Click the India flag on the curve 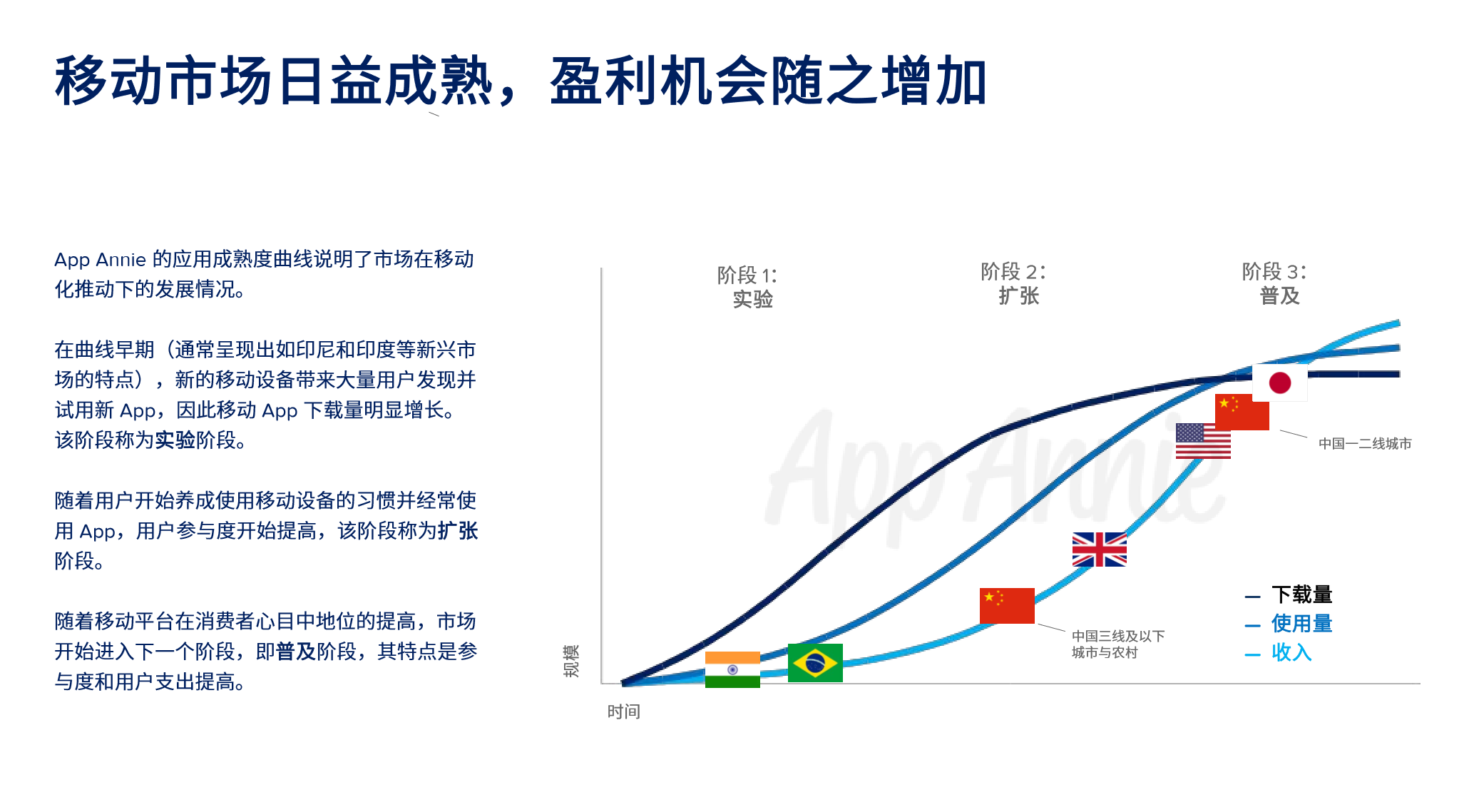click(732, 669)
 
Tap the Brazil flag click(815, 663)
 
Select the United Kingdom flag click(1099, 550)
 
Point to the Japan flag click(1280, 383)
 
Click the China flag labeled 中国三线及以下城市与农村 click(1007, 605)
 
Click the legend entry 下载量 click(1301, 594)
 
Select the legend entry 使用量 click(1301, 624)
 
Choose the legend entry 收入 click(1291, 652)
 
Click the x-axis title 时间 click(623, 712)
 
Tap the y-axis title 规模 click(571, 661)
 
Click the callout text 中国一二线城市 click(1364, 444)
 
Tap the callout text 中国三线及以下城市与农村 click(1117, 644)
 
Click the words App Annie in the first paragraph click(100, 260)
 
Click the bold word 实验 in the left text click(175, 440)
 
